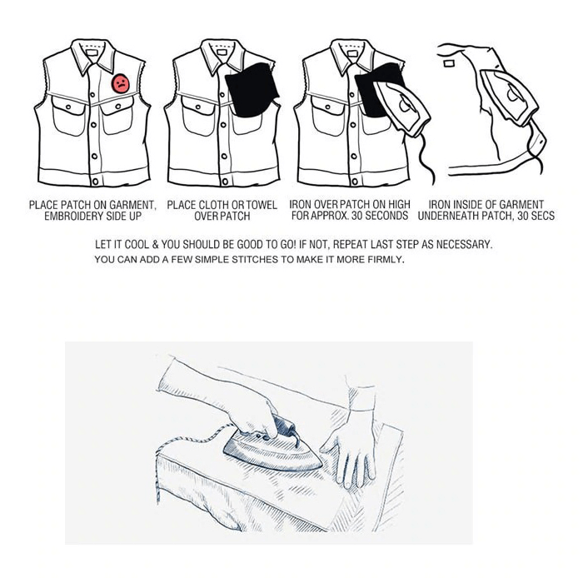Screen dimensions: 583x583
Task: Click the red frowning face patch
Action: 122,83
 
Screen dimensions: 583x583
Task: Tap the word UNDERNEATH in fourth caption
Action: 455,216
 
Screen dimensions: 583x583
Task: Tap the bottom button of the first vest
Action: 97,180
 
